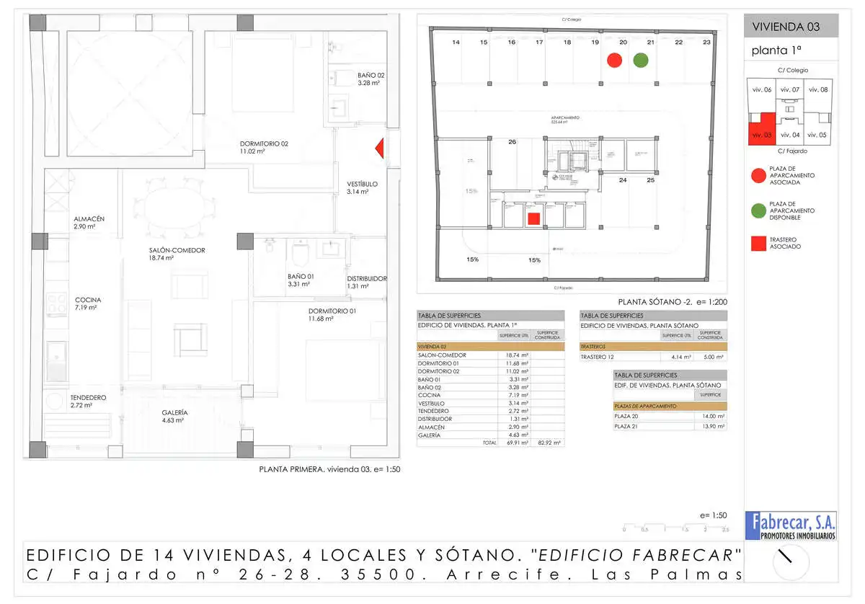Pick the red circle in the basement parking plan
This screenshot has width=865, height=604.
coord(614,61)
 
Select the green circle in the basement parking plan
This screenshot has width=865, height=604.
coord(640,61)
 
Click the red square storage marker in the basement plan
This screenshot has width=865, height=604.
coord(533,218)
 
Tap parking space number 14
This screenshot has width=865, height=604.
coord(456,43)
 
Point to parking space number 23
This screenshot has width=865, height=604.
coord(706,43)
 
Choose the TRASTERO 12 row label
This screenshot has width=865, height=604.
coord(598,357)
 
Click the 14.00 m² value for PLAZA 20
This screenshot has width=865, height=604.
coord(713,417)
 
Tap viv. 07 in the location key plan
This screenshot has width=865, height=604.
coord(790,89)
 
